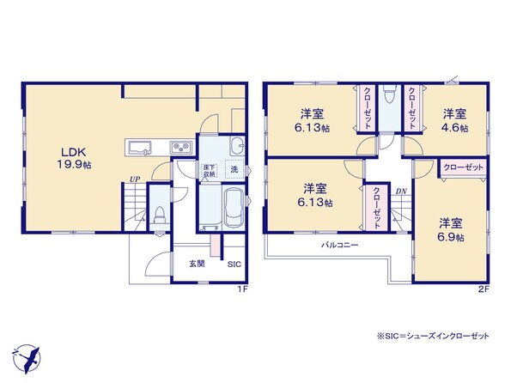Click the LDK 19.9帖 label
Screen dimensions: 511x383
click(x=74, y=158)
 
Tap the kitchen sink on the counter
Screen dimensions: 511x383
click(x=140, y=148)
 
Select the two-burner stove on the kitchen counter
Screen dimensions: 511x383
click(x=180, y=148)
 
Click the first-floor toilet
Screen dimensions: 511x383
click(x=160, y=215)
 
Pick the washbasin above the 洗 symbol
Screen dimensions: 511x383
click(x=237, y=145)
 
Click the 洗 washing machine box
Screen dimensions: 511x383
click(x=234, y=169)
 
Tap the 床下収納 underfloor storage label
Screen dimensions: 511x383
click(x=210, y=171)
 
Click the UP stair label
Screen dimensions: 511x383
click(x=135, y=179)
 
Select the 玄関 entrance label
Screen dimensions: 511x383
click(x=197, y=264)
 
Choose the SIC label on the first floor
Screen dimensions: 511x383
click(x=234, y=264)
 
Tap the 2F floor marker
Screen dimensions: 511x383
click(x=484, y=289)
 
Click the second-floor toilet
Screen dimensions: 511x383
click(x=390, y=94)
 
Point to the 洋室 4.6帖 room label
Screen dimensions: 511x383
click(x=454, y=120)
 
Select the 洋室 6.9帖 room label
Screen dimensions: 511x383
click(x=451, y=230)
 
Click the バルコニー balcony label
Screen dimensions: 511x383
click(x=340, y=245)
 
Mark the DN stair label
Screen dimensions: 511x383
click(x=401, y=191)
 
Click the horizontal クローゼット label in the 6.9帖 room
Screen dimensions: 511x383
click(x=464, y=167)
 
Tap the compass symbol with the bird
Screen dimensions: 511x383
click(x=27, y=359)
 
